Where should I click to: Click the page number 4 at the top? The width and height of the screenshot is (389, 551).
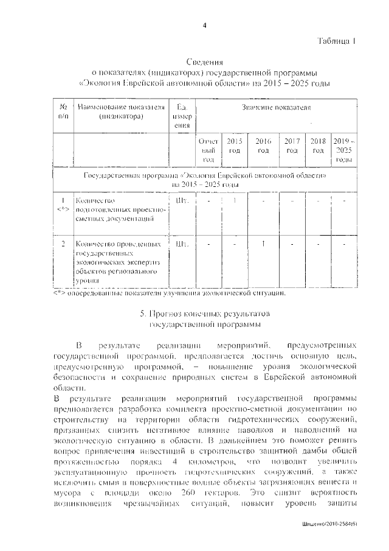click(x=205, y=24)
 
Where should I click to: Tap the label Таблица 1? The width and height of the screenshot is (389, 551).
click(x=336, y=41)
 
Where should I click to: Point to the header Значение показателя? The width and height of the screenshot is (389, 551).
click(x=275, y=108)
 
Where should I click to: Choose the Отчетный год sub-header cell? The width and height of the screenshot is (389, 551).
click(x=208, y=150)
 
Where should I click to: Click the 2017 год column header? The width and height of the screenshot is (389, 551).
click(x=292, y=146)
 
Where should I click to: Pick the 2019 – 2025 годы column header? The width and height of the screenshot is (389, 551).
click(x=344, y=150)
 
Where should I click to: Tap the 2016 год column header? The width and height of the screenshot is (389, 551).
click(x=263, y=146)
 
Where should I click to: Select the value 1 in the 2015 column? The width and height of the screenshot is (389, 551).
click(x=235, y=200)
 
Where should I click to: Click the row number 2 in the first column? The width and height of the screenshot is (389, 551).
click(x=63, y=245)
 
